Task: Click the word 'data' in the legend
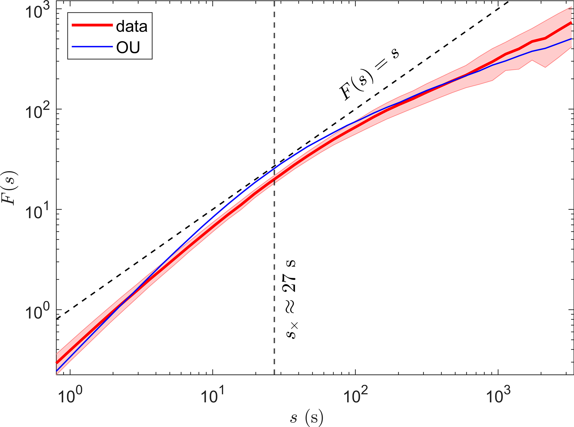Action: pos(132,27)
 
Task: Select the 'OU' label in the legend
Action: pos(128,47)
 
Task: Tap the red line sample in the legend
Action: pos(92,25)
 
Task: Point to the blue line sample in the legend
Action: pos(92,47)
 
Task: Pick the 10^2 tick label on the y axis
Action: pos(38,111)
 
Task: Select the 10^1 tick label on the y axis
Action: pos(38,212)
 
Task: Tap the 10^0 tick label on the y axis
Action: pos(38,312)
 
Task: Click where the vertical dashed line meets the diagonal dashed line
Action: pos(274,167)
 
